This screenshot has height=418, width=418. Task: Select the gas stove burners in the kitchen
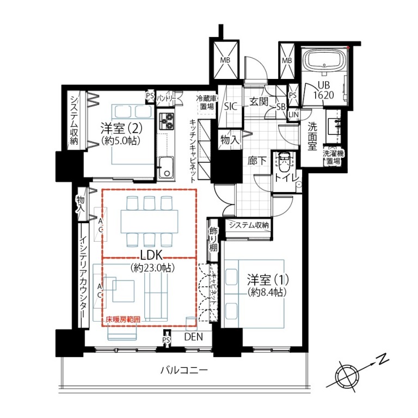[167, 121]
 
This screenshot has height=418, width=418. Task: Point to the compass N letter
[383, 360]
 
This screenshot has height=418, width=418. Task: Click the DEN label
[194, 337]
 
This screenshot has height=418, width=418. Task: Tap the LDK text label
[151, 256]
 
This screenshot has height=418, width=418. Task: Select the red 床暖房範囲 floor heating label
[123, 319]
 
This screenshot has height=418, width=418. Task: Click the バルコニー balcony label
[184, 370]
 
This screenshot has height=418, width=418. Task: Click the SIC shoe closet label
[230, 107]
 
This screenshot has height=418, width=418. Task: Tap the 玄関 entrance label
[259, 101]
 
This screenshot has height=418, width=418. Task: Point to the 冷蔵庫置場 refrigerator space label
[207, 102]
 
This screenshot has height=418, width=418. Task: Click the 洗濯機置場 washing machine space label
[334, 157]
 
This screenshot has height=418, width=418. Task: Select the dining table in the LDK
[149, 222]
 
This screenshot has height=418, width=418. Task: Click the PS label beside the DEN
[167, 340]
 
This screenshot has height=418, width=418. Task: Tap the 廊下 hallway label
[257, 161]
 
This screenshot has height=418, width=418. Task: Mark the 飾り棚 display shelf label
[213, 239]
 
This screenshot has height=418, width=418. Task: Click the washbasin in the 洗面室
[333, 126]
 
